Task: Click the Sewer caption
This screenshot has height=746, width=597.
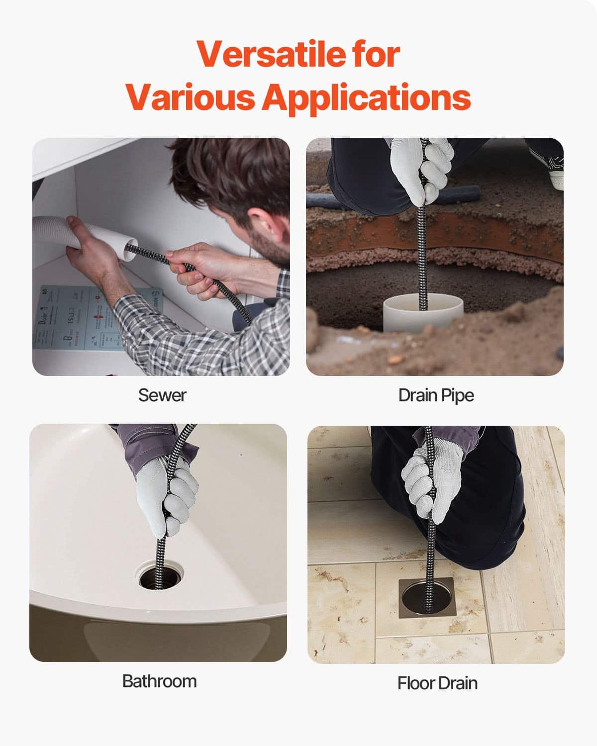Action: coord(162,395)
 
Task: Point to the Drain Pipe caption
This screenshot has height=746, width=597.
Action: coord(436,395)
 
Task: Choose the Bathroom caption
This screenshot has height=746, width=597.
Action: coord(159,681)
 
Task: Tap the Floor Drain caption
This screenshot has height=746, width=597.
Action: coord(437,683)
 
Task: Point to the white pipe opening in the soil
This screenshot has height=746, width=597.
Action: coord(423,311)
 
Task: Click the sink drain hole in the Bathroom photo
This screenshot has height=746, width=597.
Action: coord(161,577)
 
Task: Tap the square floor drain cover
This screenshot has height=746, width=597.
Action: coord(426,598)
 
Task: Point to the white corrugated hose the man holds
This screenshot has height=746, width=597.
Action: coord(55,231)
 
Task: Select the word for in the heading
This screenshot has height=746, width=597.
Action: coord(376,54)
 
